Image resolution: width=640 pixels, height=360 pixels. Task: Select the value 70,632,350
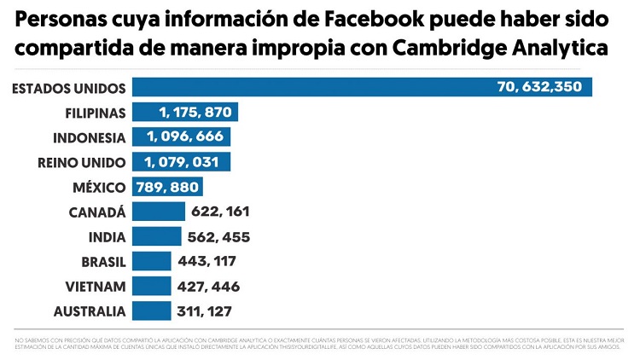[x=539, y=87]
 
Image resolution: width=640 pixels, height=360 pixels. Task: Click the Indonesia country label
[x=90, y=137]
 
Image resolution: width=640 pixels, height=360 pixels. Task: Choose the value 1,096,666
[x=187, y=137]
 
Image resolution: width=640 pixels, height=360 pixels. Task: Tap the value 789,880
[x=167, y=187]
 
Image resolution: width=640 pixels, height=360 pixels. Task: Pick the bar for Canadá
[x=159, y=212]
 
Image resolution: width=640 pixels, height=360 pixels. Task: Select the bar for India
[x=157, y=236]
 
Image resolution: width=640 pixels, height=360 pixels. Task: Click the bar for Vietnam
[x=152, y=286]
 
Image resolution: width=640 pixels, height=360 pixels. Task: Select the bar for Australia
[x=152, y=311]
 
